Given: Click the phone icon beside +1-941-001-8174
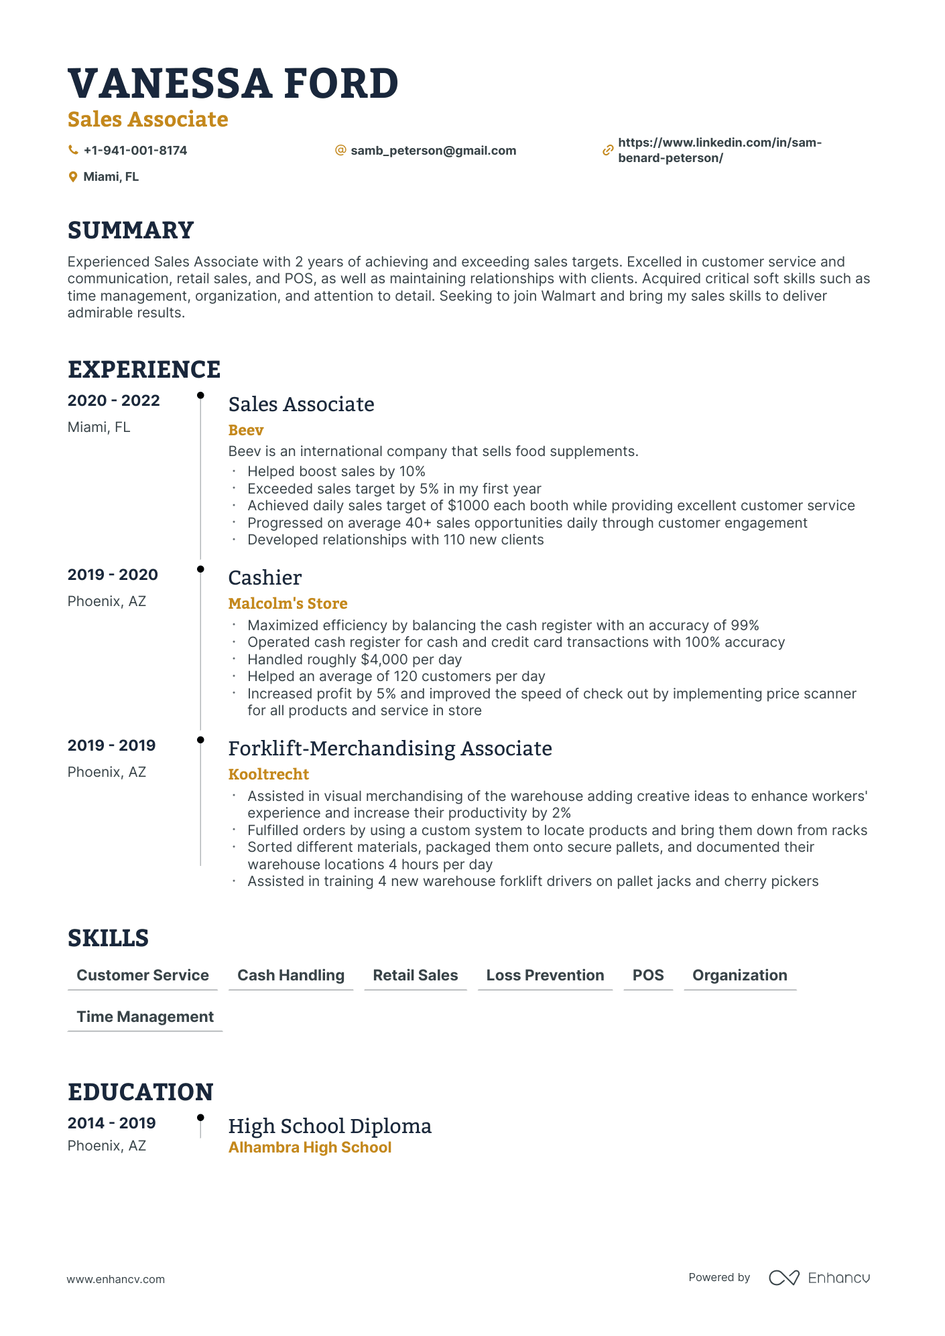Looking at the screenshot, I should click(73, 150).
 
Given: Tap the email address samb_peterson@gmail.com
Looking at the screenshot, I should click(433, 151).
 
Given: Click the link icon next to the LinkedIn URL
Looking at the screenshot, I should click(607, 151).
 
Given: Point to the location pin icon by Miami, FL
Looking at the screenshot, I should click(73, 177).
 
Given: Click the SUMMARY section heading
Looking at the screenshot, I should click(131, 230).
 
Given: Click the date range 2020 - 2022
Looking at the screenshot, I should click(114, 400).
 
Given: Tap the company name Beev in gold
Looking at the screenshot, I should click(246, 430).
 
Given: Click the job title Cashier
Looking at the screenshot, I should click(265, 577).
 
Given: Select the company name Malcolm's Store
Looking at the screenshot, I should click(288, 603).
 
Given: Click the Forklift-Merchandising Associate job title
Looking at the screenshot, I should click(390, 748).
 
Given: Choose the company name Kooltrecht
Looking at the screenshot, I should click(268, 774).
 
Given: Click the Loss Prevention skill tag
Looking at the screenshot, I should click(545, 975).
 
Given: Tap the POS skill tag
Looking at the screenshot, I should click(647, 975).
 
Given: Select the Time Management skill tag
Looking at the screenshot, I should click(145, 1017).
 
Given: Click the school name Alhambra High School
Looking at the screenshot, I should click(310, 1147).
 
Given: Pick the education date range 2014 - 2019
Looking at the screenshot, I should click(112, 1123).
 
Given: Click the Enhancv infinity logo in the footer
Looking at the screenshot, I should click(783, 1278).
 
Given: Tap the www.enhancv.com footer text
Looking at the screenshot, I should click(115, 1279).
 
